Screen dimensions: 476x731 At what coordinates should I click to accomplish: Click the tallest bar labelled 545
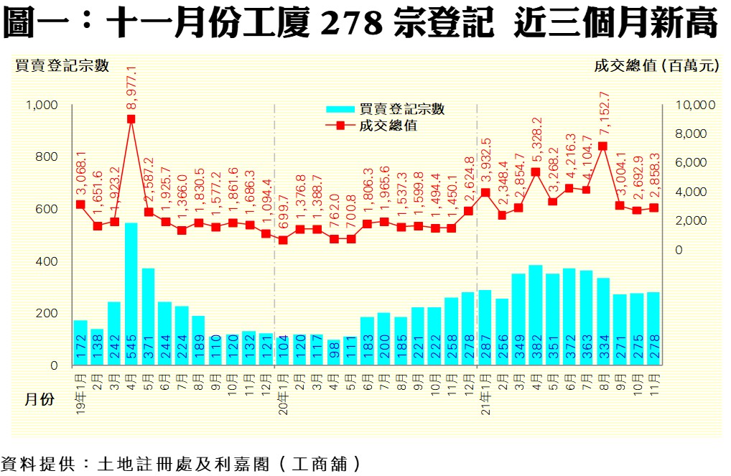pyautogui.click(x=131, y=294)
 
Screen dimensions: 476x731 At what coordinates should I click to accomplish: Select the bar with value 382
pyautogui.click(x=535, y=316)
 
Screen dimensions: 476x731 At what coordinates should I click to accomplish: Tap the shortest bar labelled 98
pyautogui.click(x=334, y=353)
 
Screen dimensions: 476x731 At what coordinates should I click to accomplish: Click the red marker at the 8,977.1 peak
pyautogui.click(x=131, y=119)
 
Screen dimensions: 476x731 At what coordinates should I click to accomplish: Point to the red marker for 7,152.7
pyautogui.click(x=602, y=146)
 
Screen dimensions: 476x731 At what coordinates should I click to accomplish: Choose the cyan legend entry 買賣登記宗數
pyautogui.click(x=386, y=109)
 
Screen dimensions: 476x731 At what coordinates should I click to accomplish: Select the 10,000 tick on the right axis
pyautogui.click(x=696, y=106)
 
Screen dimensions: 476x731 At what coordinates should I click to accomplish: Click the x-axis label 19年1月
pyautogui.click(x=80, y=388)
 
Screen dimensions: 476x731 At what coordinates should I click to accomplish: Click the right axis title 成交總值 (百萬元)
pyautogui.click(x=656, y=65)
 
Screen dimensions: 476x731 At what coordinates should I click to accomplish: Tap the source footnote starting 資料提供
pyautogui.click(x=180, y=464)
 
